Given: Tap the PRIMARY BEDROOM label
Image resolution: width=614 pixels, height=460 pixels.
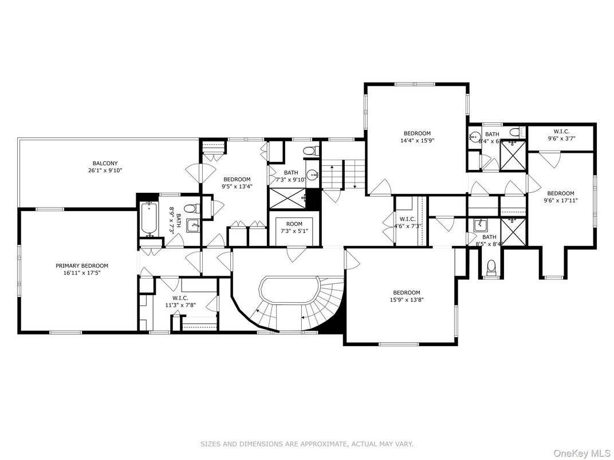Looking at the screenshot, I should coord(82,265).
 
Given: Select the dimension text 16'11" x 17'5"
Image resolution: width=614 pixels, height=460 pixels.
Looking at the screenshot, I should coord(82,273).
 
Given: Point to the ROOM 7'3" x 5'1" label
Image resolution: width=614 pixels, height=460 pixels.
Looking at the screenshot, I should coord(295,227).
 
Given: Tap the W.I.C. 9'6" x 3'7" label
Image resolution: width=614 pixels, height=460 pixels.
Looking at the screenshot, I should coord(561,134).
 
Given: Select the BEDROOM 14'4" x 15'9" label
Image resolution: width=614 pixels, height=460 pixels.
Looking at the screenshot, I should coord(416,137).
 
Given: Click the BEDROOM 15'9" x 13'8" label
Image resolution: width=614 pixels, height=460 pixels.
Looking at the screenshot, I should coord(407,296).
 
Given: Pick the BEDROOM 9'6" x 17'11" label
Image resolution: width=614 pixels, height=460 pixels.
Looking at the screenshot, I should coord(560,196).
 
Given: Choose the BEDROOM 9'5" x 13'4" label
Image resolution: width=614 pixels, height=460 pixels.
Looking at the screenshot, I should coord(237,182).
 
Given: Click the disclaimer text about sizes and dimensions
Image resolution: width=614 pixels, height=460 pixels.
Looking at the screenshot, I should coord(306,444).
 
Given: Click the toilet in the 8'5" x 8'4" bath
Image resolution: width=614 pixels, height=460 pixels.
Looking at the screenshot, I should coord(491,267).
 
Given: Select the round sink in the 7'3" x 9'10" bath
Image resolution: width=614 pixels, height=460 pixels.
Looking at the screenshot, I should coord(312,175).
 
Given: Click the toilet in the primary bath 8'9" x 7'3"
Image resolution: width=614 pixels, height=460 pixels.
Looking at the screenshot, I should coord(194,208).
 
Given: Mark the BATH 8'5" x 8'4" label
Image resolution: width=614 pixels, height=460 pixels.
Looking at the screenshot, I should coord(489,240).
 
